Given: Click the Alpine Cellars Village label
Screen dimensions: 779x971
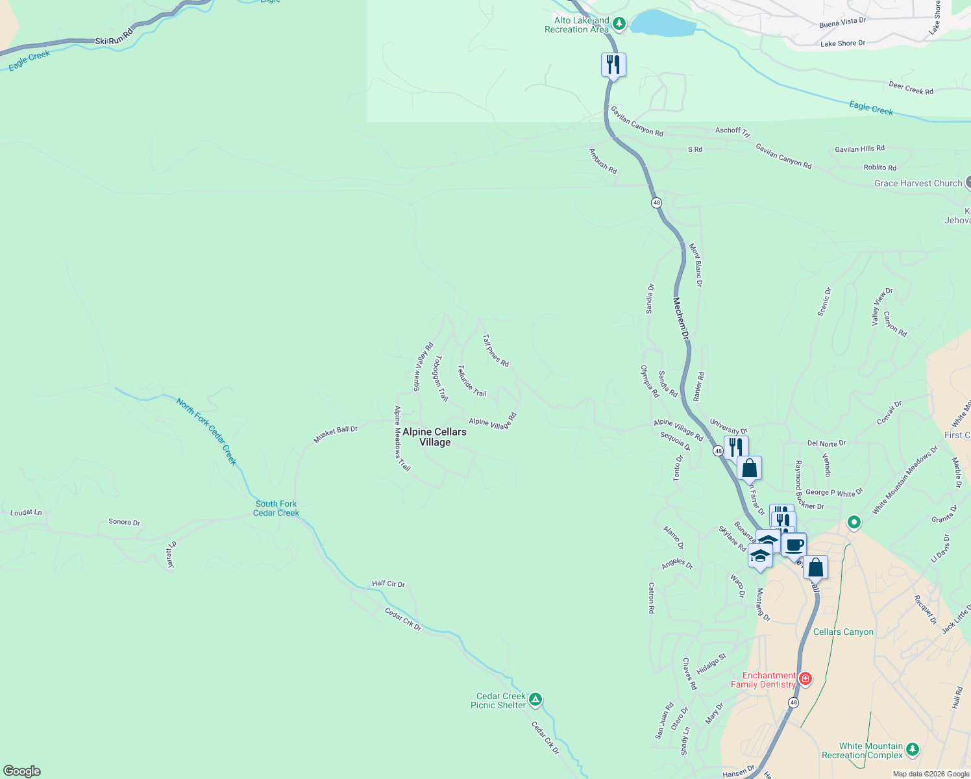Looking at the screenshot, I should pyautogui.click(x=434, y=437).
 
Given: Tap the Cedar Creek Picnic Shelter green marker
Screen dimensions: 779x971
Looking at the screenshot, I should pyautogui.click(x=535, y=699).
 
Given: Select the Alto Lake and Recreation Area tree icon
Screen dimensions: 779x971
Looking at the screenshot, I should pyautogui.click(x=619, y=24).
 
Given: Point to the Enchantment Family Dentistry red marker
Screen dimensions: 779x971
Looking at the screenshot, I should pyautogui.click(x=805, y=679).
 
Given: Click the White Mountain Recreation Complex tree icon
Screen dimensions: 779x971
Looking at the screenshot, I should pyautogui.click(x=913, y=749).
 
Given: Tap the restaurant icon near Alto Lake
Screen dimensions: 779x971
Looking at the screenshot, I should pyautogui.click(x=613, y=64).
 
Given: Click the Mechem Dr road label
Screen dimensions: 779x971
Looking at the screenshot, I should pyautogui.click(x=681, y=318).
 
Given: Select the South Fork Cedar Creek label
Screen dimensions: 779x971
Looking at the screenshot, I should pyautogui.click(x=276, y=508).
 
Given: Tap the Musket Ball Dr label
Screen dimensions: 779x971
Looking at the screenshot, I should pyautogui.click(x=336, y=434).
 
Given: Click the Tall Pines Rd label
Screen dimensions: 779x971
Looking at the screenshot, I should pyautogui.click(x=496, y=351).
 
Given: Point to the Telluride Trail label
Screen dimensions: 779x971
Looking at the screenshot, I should pyautogui.click(x=472, y=381).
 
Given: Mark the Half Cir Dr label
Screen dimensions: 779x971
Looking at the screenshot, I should pyautogui.click(x=388, y=584).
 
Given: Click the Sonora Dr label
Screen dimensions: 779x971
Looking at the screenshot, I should pyautogui.click(x=124, y=522).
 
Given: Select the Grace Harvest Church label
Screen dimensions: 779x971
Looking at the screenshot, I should pyautogui.click(x=918, y=183).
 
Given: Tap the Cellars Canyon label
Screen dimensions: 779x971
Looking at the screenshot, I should pyautogui.click(x=843, y=632).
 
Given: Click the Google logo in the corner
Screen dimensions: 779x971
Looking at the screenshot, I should pyautogui.click(x=21, y=771).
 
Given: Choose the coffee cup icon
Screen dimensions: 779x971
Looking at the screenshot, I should pyautogui.click(x=794, y=544).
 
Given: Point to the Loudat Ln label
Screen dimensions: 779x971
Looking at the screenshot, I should pyautogui.click(x=26, y=512).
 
